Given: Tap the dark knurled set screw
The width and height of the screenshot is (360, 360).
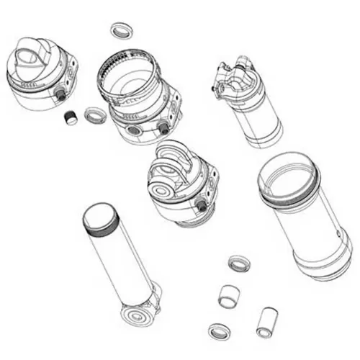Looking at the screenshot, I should point(71,117).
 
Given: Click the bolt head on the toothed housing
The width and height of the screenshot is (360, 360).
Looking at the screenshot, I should point(163,127).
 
